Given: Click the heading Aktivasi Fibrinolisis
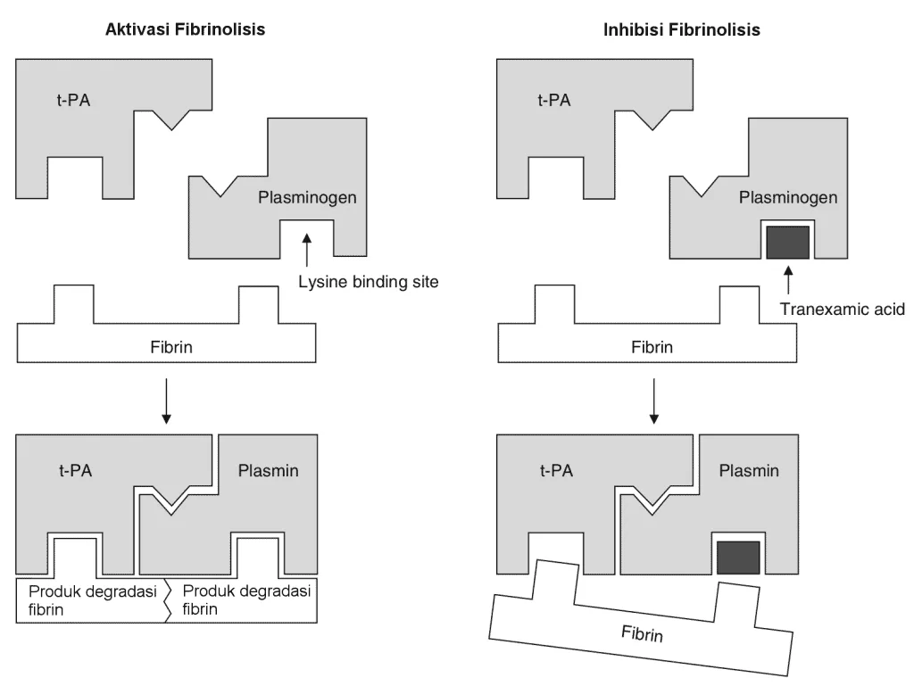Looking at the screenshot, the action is (185, 29).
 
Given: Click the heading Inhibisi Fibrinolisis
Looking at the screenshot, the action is (681, 29).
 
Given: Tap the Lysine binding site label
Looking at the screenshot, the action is (369, 282).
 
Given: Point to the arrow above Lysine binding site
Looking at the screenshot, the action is (307, 250).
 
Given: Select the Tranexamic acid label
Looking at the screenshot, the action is (843, 310).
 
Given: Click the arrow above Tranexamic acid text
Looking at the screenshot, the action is (788, 279).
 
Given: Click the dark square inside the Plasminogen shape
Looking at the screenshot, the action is (787, 243).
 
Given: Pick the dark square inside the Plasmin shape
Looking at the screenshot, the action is (738, 558).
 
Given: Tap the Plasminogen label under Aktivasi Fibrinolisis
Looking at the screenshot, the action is (307, 197).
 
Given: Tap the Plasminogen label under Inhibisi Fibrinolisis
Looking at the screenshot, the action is (788, 197).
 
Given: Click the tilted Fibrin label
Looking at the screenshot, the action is (642, 633).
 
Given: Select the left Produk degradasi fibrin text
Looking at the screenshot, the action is (93, 600).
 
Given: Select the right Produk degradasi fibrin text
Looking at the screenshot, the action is (246, 599).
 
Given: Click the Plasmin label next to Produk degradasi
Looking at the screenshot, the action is (268, 470).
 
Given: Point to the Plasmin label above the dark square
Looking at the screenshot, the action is (749, 470).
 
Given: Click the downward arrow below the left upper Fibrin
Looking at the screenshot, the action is (166, 401).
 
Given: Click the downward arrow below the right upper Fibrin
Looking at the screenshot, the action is (654, 401).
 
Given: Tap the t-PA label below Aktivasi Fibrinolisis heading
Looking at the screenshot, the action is (73, 100).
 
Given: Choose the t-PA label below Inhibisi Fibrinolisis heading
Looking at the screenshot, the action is (554, 100).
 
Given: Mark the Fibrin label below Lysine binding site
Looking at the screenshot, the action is (171, 347).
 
